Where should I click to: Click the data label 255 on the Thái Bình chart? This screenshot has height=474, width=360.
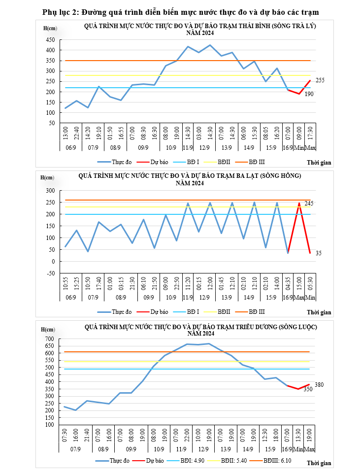click(320, 80)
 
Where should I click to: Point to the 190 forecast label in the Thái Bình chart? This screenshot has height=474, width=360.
click(309, 94)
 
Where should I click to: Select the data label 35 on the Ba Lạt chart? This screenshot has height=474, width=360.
click(319, 253)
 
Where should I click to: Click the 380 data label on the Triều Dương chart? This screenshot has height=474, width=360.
click(319, 385)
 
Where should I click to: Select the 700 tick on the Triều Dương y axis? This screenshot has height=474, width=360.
click(49, 339)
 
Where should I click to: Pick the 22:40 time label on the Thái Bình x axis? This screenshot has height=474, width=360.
click(77, 135)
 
